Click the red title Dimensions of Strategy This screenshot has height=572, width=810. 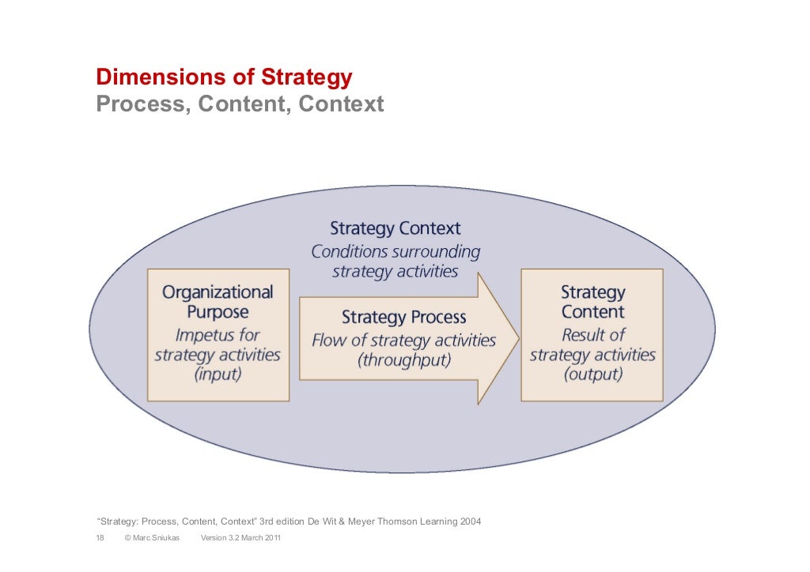[x=224, y=77]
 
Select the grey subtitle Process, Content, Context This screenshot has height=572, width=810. [x=240, y=103]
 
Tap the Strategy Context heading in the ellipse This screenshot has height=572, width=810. [x=395, y=229]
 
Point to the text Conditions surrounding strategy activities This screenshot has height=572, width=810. [x=395, y=262]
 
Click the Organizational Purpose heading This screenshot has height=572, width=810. [x=218, y=302]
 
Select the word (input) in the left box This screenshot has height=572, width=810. [x=218, y=374]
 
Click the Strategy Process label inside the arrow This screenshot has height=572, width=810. [x=403, y=318]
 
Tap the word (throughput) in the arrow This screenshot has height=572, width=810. [x=403, y=360]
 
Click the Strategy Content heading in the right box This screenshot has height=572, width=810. [x=592, y=302]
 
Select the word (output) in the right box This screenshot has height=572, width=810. [x=592, y=374]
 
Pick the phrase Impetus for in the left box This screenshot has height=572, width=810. [x=218, y=334]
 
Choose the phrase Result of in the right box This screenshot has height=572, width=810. [x=592, y=334]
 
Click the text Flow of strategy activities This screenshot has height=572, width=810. [x=403, y=341]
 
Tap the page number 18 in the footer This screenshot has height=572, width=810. [x=100, y=539]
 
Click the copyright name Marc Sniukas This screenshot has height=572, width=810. [x=157, y=539]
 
